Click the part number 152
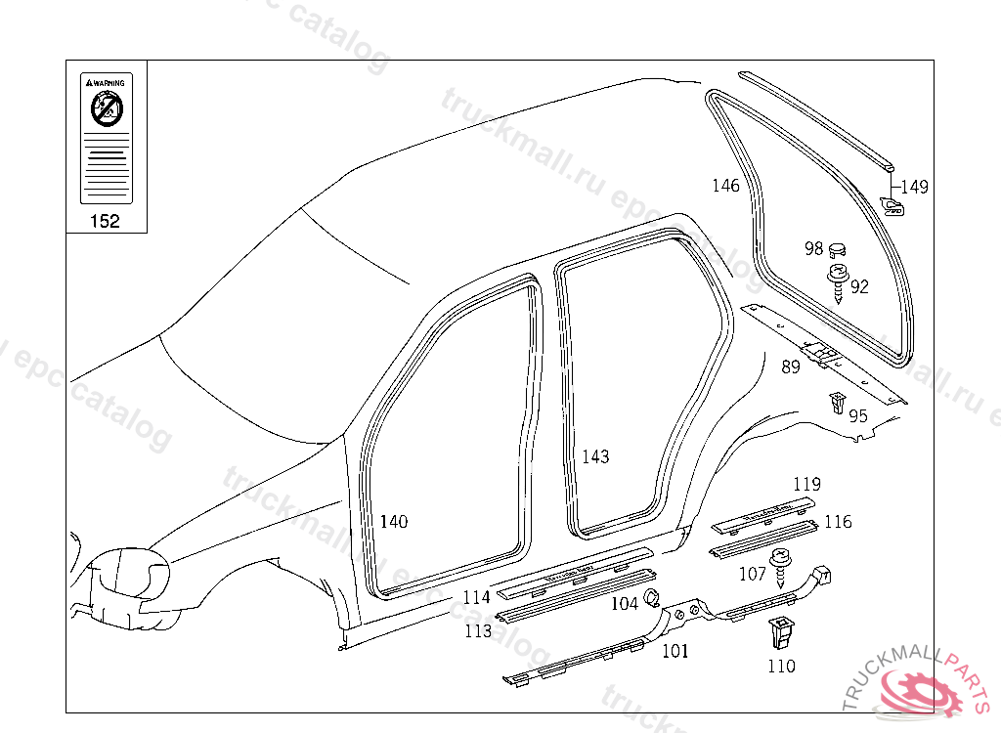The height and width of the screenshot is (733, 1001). (x=105, y=221)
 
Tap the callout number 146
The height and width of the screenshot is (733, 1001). (x=725, y=186)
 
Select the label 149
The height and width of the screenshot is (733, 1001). (x=914, y=187)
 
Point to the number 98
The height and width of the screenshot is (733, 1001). (x=813, y=248)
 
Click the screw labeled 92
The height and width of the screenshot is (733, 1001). (x=838, y=282)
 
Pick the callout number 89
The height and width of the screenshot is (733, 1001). (x=790, y=367)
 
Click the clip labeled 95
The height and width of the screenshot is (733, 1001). (x=837, y=402)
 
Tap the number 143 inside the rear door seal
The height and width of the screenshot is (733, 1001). (x=595, y=456)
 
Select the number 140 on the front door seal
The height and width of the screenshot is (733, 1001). (x=393, y=522)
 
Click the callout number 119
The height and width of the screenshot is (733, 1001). (x=806, y=484)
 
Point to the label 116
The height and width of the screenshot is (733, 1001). (x=838, y=522)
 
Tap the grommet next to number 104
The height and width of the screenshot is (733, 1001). (x=653, y=599)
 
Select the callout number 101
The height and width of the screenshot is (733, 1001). (x=675, y=651)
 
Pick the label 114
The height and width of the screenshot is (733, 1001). (x=476, y=597)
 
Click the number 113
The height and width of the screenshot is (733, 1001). (x=478, y=631)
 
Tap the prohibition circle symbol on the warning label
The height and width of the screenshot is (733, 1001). (x=106, y=110)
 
